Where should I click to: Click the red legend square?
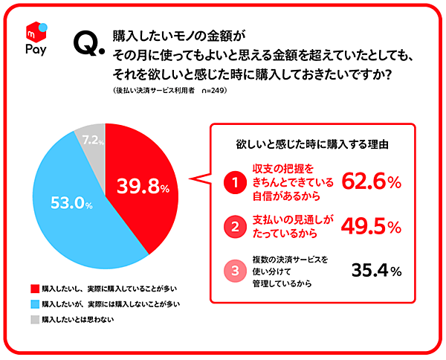click(34, 288)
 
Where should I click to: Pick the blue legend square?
click(34, 303)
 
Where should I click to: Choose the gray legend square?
click(34, 319)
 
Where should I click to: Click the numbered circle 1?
click(235, 181)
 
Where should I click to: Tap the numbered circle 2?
click(235, 225)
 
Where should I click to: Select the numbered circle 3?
click(235, 271)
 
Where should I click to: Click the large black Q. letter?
click(88, 47)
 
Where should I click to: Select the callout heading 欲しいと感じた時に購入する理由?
click(313, 141)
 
